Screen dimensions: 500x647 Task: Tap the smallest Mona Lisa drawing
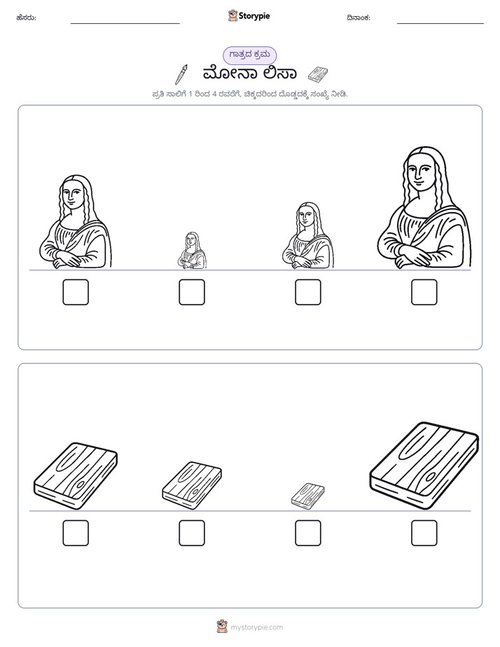pyautogui.click(x=192, y=251)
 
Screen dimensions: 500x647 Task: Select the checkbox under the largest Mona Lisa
pyautogui.click(x=424, y=292)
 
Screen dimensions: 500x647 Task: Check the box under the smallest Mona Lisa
pyautogui.click(x=192, y=292)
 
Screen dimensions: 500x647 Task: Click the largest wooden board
pyautogui.click(x=424, y=466)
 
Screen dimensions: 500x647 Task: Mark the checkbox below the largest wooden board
pyautogui.click(x=424, y=533)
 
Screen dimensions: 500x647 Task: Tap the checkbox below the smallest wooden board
pyautogui.click(x=307, y=533)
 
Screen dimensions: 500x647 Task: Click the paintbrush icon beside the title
pyautogui.click(x=181, y=74)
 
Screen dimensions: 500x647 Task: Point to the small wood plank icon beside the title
pyautogui.click(x=318, y=74)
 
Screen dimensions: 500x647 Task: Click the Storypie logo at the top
pyautogui.click(x=249, y=16)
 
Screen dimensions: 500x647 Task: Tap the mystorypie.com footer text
pyautogui.click(x=256, y=627)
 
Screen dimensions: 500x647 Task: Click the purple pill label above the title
pyautogui.click(x=249, y=55)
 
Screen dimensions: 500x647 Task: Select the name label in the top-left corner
pyautogui.click(x=27, y=18)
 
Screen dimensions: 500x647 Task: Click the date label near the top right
pyautogui.click(x=359, y=18)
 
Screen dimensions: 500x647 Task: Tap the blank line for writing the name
pyautogui.click(x=125, y=24)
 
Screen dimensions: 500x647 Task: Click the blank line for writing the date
pyautogui.click(x=440, y=24)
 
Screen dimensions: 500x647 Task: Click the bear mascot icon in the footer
pyautogui.click(x=222, y=627)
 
